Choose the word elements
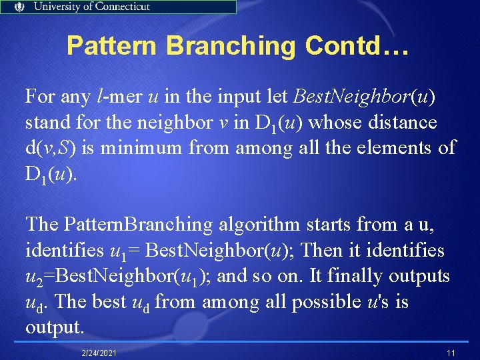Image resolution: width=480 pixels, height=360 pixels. (x=395, y=148)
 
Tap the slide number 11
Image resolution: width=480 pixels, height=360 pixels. (x=451, y=351)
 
